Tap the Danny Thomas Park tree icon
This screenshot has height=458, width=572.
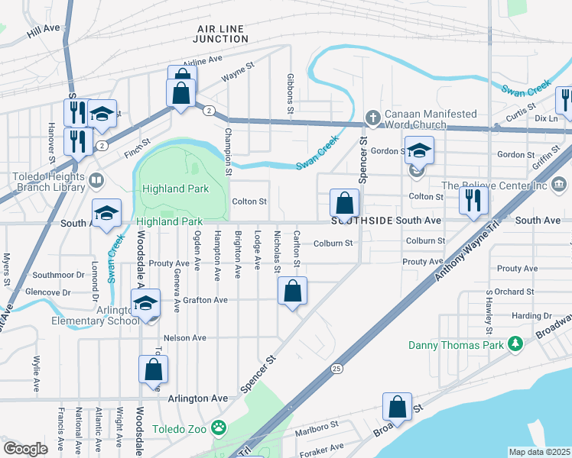pos(516,345)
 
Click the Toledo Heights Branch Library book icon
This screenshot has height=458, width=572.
pos(96,181)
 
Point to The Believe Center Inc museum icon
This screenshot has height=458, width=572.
pos(558,185)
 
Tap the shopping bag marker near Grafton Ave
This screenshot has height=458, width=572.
pos(292,292)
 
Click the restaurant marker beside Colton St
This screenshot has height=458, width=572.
pos(473,201)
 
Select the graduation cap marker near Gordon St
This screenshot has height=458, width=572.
pos(419,150)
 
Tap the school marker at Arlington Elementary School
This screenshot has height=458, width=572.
pos(145,304)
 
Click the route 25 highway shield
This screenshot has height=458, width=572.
pos(336,369)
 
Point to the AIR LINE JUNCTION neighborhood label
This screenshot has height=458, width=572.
pos(219,34)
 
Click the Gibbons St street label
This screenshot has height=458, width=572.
pos(291,95)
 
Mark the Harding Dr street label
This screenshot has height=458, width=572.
pos(531,315)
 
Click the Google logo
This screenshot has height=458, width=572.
pos(25,449)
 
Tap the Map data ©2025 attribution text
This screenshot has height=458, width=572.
pos(539,452)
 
